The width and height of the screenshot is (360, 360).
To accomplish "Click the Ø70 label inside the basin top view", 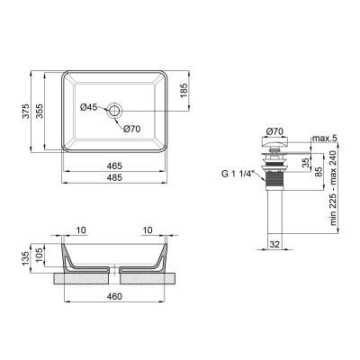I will pos(133,127).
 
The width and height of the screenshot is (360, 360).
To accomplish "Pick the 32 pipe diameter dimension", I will pos(275,242).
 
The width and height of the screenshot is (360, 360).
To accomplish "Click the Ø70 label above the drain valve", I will pos(277,131).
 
